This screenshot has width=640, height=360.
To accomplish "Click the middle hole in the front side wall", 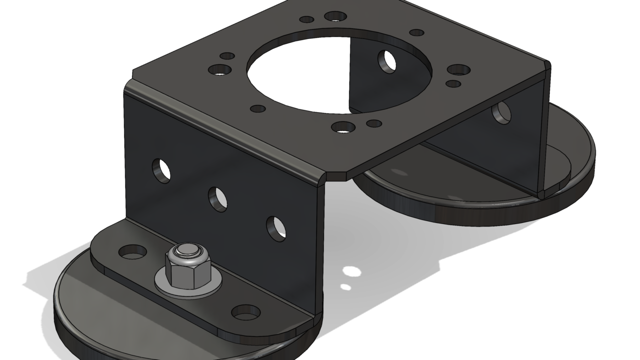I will (218, 198).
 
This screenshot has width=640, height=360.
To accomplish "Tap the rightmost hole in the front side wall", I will (275, 227).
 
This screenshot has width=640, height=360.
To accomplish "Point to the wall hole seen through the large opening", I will (386, 61).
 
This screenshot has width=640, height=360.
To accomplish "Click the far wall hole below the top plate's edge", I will (501, 113).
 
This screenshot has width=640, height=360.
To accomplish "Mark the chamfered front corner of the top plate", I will (336, 176).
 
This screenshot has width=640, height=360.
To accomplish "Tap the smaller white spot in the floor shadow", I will (345, 287).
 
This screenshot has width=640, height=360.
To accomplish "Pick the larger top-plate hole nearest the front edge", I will (343, 127).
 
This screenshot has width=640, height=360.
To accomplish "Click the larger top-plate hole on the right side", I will (458, 70).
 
